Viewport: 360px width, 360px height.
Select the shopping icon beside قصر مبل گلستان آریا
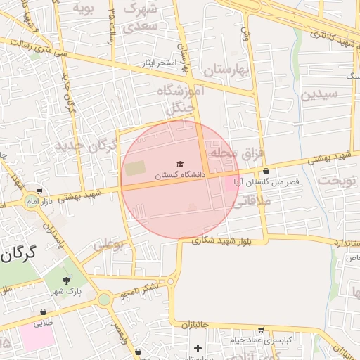point(266,172)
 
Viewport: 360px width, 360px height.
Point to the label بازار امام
point(41,202)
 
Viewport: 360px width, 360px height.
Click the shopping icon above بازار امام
point(39,191)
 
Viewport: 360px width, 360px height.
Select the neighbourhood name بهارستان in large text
point(226,70)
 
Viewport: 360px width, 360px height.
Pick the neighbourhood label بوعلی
point(108,244)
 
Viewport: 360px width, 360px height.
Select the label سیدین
point(319,94)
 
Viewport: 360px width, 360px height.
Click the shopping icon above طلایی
point(44,311)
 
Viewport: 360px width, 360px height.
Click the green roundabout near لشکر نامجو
point(105,299)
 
